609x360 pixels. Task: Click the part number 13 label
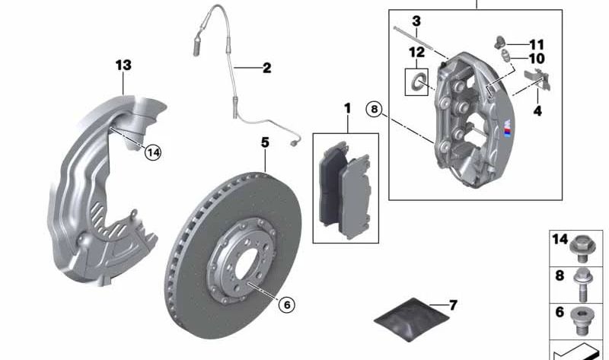coord(123,65)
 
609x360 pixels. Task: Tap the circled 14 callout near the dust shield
coord(153,152)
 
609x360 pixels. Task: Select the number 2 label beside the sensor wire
coord(267,68)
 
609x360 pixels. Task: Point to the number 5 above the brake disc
coord(265,142)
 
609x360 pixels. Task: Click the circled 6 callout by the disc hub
coord(287,305)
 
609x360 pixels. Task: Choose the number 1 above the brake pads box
coord(348,108)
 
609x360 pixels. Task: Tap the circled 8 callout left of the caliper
coord(374,109)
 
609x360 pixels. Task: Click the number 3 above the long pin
coord(416,21)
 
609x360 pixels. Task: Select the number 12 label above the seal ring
coord(416,52)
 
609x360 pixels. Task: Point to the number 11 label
coord(537,45)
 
